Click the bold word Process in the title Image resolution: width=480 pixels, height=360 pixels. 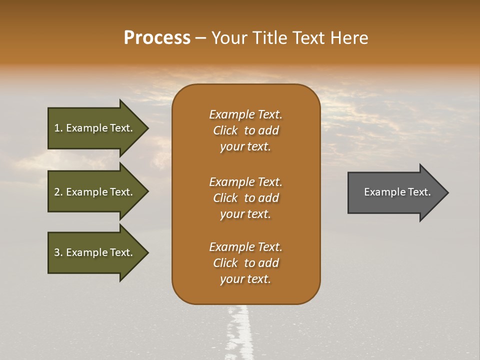(x=157, y=38)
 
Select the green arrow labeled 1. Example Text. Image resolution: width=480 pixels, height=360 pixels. (x=95, y=128)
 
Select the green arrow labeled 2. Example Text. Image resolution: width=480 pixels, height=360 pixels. (x=95, y=192)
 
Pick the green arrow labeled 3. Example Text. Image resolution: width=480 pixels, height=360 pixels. (x=95, y=252)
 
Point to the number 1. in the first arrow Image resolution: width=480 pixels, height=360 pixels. (x=58, y=128)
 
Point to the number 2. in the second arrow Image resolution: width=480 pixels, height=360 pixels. (x=58, y=192)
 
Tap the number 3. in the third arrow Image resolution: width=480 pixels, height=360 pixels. (x=58, y=252)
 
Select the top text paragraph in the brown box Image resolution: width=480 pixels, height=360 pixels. (x=245, y=130)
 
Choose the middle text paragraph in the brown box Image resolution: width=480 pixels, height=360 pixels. (x=245, y=197)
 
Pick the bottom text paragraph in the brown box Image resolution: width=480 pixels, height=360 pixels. (x=245, y=263)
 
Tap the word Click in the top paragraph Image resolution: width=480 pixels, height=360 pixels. (x=225, y=130)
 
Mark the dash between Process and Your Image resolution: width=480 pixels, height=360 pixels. (x=200, y=38)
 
